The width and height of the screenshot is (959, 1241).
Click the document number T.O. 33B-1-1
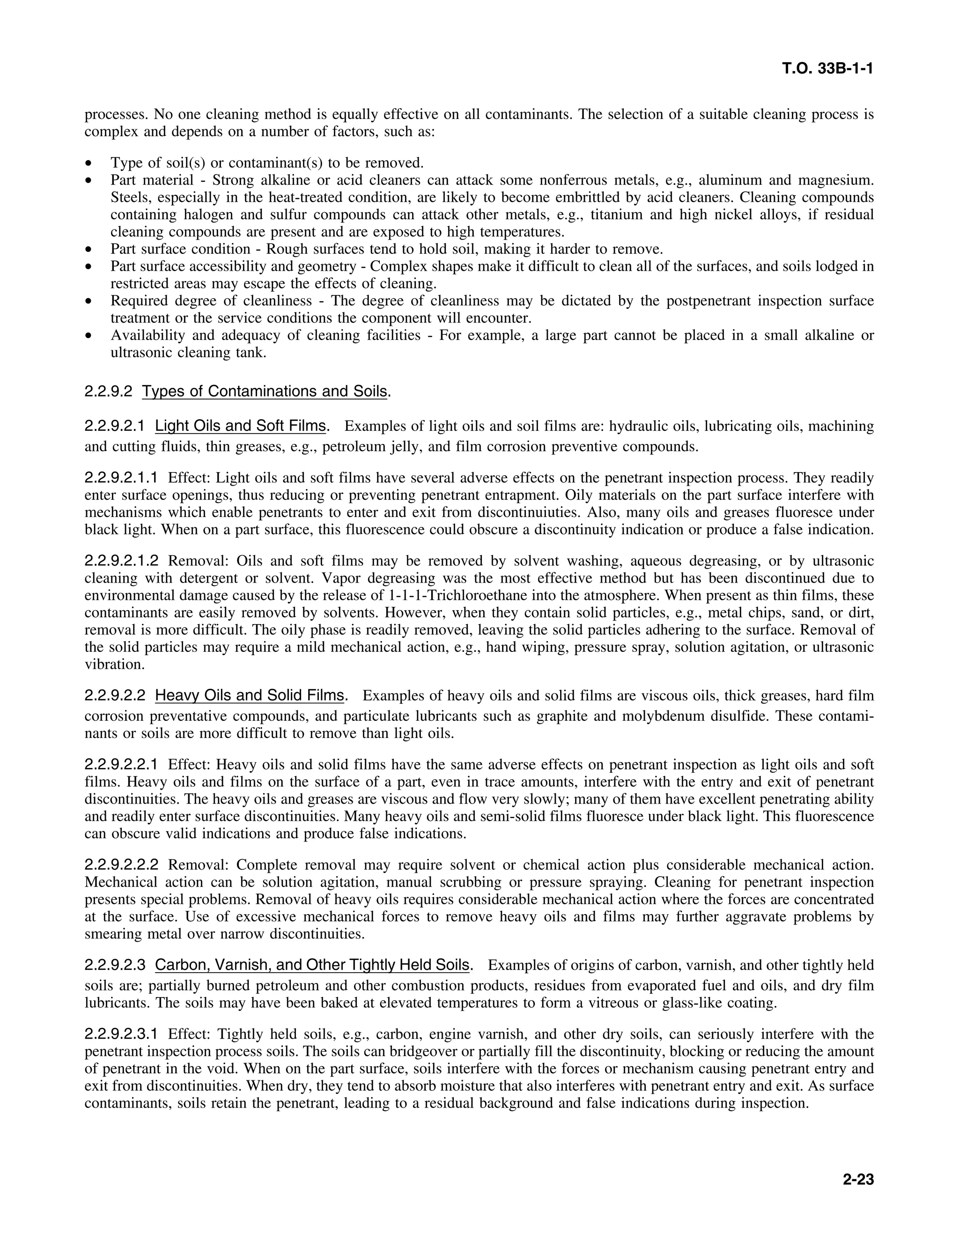point(827,69)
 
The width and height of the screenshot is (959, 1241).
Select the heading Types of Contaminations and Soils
point(265,392)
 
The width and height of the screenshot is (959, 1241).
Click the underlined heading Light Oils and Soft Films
point(241,426)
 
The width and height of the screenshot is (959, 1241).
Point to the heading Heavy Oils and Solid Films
point(250,695)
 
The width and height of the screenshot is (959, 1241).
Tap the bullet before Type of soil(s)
point(88,163)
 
